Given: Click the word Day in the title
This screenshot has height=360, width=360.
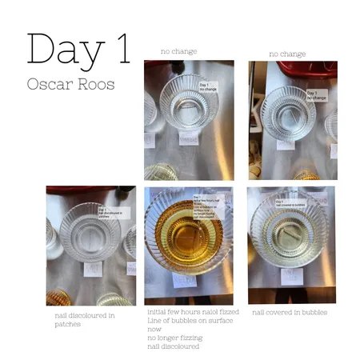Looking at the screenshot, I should click(x=66, y=50).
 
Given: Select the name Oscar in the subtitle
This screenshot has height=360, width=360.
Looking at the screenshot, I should click(x=49, y=83).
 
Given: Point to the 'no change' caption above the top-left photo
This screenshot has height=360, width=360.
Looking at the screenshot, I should click(x=178, y=52).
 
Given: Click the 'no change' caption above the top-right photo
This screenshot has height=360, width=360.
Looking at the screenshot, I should click(x=287, y=54).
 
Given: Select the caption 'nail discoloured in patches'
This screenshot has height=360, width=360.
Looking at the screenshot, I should click(x=84, y=318).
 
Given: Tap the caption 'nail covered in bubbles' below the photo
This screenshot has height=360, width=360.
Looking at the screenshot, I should click(x=289, y=311).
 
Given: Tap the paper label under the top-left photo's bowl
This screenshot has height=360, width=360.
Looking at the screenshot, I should click(x=188, y=140).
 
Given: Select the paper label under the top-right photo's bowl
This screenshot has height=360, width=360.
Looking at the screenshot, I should click(x=286, y=144).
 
